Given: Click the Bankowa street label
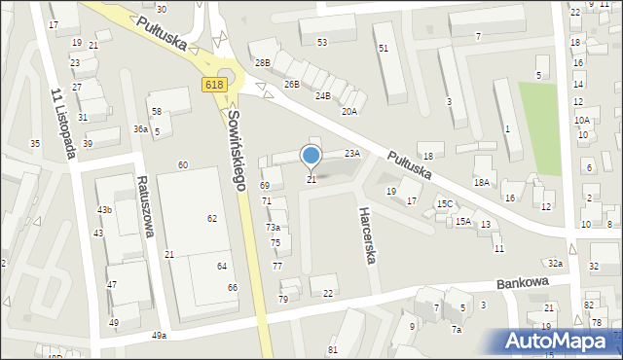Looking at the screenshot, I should pos(523,282).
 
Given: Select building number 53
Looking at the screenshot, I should pos(321,43).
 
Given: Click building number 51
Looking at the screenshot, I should pos(384,49).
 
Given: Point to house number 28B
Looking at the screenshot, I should pos(262,62).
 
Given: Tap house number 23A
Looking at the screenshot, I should pos(352,153).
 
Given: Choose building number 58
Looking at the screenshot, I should pos(156,113).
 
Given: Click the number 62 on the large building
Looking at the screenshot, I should pos(212,218).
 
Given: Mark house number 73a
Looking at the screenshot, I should pos(273,227).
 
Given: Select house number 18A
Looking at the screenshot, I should pos(481,182).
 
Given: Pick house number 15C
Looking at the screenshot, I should pos(444,203).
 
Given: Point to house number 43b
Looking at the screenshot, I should pos(104,210).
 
